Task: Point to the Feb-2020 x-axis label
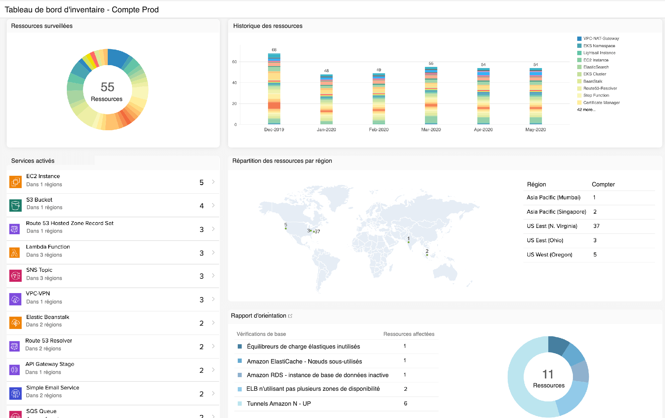pyautogui.click(x=379, y=130)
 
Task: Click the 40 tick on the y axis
pyautogui.click(x=234, y=83)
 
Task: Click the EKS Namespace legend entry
pyautogui.click(x=599, y=46)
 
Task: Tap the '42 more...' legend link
pyautogui.click(x=586, y=110)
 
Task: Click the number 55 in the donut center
pyautogui.click(x=107, y=87)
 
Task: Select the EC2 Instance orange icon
pyautogui.click(x=15, y=182)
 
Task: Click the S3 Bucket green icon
pyautogui.click(x=15, y=205)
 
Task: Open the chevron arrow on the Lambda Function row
pyautogui.click(x=213, y=253)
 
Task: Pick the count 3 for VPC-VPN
pyautogui.click(x=201, y=300)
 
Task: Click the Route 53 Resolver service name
pyautogui.click(x=49, y=341)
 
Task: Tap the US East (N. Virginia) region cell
pyautogui.click(x=552, y=226)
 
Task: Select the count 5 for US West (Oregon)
pyautogui.click(x=595, y=255)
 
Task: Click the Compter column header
pyautogui.click(x=603, y=184)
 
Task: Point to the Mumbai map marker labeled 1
pyautogui.click(x=409, y=242)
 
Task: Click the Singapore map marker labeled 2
pyautogui.click(x=427, y=255)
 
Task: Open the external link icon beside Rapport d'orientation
pyautogui.click(x=290, y=316)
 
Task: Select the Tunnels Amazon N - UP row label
pyautogui.click(x=279, y=404)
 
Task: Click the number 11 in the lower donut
pyautogui.click(x=548, y=374)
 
